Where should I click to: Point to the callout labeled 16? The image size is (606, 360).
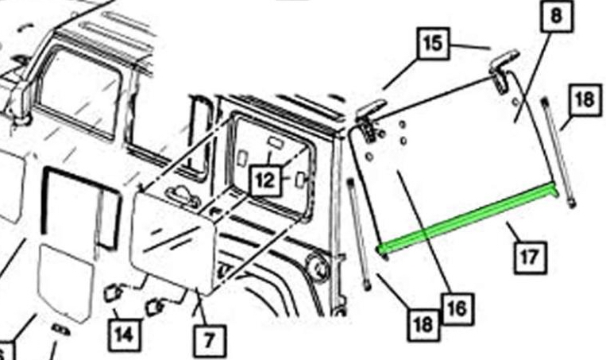tap(456, 307)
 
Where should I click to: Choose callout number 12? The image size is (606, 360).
tap(265, 180)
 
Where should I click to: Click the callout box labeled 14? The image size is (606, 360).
tap(124, 334)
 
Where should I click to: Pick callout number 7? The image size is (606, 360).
tap(209, 343)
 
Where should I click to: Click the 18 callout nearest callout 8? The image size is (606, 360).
tap(582, 99)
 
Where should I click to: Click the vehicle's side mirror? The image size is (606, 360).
tap(17, 95)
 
